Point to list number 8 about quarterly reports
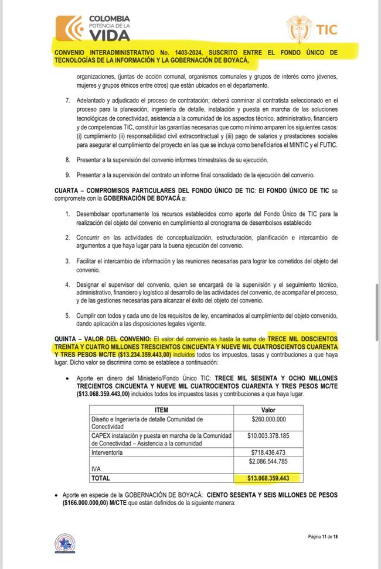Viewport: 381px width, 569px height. click(67, 159)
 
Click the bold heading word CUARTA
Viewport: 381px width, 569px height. click(70, 191)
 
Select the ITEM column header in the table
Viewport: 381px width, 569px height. click(161, 410)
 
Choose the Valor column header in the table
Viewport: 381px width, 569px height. click(267, 410)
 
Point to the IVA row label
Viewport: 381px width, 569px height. click(97, 469)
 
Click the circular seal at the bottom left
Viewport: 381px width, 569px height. click(64, 543)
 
